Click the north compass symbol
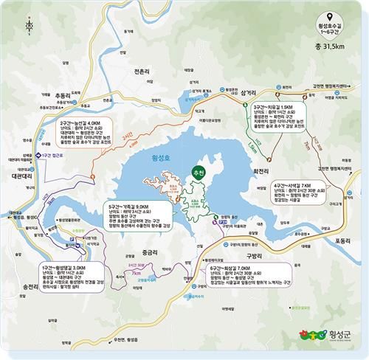(x=29, y=25)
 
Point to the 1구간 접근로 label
(x=52, y=155)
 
